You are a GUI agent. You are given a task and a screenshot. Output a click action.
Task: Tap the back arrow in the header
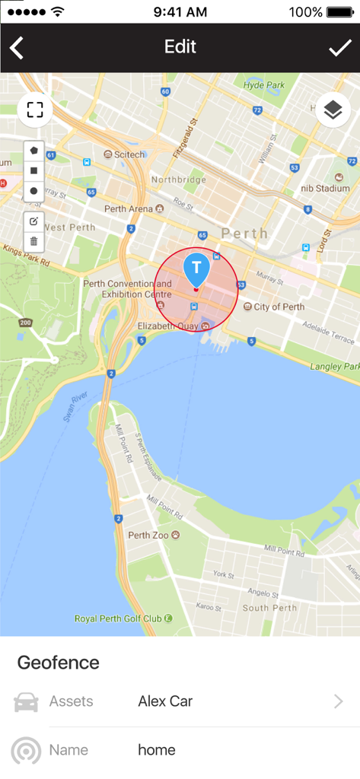(17, 48)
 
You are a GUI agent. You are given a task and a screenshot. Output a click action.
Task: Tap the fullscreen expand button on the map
(34, 110)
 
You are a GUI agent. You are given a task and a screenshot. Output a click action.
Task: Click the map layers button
(333, 110)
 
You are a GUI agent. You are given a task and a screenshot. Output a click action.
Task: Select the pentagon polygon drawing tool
(33, 151)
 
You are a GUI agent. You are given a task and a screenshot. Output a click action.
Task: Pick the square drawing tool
(33, 171)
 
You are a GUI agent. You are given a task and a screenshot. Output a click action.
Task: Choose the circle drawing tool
(33, 191)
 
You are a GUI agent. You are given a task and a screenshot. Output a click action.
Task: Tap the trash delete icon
(33, 242)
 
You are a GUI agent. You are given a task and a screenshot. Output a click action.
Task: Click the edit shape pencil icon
(33, 221)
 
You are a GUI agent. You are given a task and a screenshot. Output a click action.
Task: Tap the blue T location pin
(196, 269)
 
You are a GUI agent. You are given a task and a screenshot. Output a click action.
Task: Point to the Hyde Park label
(263, 85)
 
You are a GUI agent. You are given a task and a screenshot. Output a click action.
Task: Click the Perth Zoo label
(148, 535)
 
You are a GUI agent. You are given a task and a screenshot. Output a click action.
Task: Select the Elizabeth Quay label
(167, 326)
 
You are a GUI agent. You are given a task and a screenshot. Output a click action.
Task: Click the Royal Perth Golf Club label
(118, 618)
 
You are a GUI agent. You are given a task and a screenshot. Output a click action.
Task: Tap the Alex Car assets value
(165, 701)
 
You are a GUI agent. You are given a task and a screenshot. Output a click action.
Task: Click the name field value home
(157, 750)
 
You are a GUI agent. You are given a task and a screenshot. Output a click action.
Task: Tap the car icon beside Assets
(26, 702)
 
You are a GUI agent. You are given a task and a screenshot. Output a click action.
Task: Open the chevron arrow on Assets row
(339, 701)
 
